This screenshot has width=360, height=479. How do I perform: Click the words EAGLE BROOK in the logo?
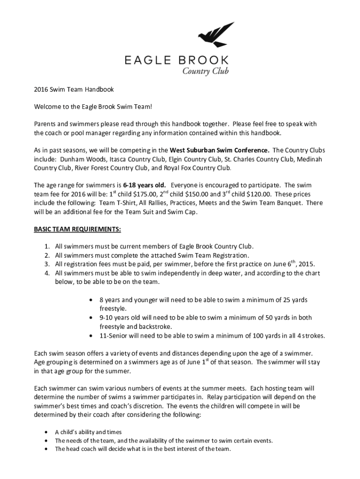tap(176, 60)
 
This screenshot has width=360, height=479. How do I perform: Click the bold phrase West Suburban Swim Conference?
tap(219, 151)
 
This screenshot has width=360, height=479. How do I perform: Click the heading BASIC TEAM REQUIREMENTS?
tap(77, 229)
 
